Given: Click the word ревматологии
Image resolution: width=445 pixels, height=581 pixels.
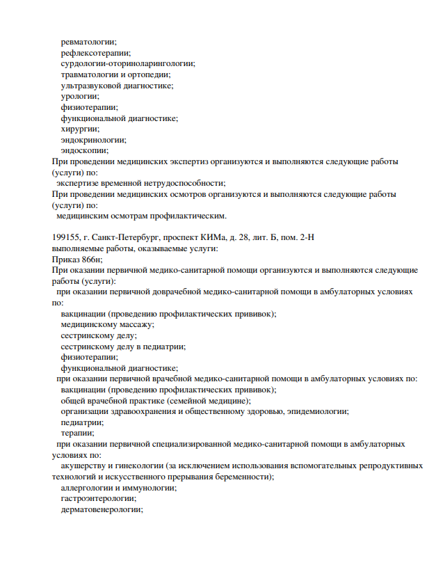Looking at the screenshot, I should point(88,42).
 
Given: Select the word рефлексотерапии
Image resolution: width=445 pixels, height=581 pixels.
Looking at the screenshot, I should point(95,53).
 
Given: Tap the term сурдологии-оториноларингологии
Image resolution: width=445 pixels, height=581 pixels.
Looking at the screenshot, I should point(127,64).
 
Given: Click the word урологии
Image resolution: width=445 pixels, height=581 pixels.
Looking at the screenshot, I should point(79,97).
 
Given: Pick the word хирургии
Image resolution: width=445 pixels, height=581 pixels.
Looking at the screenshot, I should point(80,129).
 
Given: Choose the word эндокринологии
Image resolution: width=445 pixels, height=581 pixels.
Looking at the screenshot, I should point(93,140).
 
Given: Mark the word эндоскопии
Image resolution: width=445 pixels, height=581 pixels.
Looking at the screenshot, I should point(84,150).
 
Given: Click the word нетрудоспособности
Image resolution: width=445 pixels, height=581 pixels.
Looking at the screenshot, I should point(165,183).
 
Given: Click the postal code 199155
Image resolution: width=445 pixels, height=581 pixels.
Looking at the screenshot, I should point(66,237).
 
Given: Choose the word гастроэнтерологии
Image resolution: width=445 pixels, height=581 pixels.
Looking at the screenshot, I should point(98,498).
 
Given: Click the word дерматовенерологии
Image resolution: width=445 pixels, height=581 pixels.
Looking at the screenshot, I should point(102,509).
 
